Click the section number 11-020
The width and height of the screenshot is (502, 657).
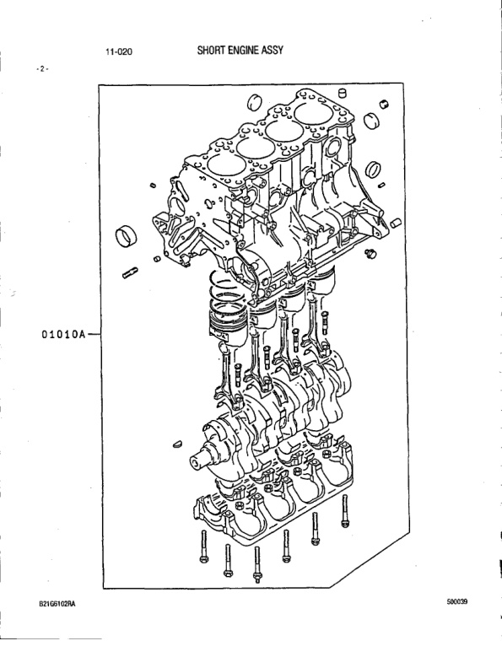pos(119,51)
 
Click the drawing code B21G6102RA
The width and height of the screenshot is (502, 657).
pos(57,604)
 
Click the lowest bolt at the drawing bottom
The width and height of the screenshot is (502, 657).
pos(256,565)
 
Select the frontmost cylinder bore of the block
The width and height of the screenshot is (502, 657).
pos(221,164)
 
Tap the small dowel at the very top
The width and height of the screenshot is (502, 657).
pos(343,93)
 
